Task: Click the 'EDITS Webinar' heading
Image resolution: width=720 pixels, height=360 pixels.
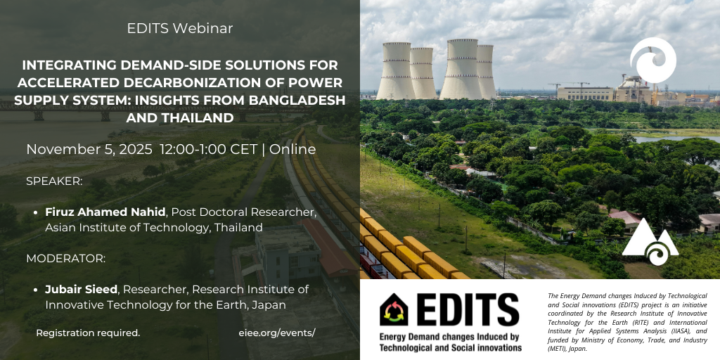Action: (x=180, y=29)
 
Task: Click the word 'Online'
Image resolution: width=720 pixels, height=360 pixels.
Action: (x=292, y=150)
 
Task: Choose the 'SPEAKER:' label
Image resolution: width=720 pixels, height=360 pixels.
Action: (x=54, y=181)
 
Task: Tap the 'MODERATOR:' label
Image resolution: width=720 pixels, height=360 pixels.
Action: (x=65, y=258)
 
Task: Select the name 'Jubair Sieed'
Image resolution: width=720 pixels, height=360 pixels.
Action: (x=81, y=289)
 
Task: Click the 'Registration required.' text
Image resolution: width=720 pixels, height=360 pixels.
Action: (x=88, y=333)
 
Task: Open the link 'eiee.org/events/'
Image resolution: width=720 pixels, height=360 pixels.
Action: (x=277, y=333)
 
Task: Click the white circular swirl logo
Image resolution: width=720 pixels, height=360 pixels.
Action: (x=652, y=60)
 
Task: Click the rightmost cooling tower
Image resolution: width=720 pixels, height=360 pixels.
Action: (x=486, y=72)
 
